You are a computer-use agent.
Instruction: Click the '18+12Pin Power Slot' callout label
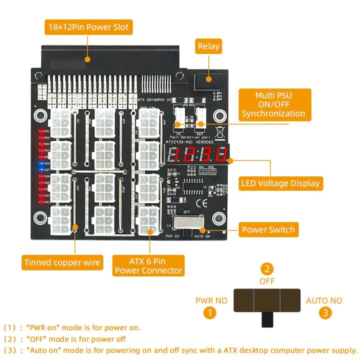click(88, 26)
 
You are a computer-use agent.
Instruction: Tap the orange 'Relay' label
click(208, 46)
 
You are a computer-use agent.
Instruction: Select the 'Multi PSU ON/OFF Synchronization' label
click(273, 104)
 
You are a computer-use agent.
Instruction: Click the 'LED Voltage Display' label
click(279, 183)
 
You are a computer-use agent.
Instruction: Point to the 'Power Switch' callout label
click(268, 230)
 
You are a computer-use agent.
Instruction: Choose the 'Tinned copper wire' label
click(62, 262)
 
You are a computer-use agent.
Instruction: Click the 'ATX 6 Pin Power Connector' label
click(148, 265)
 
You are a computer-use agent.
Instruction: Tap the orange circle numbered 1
click(209, 313)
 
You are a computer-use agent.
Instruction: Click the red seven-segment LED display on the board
click(199, 155)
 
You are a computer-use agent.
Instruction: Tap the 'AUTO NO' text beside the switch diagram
click(324, 300)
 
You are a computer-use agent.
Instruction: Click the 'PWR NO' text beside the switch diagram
click(210, 300)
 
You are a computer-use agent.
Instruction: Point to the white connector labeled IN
click(179, 119)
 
